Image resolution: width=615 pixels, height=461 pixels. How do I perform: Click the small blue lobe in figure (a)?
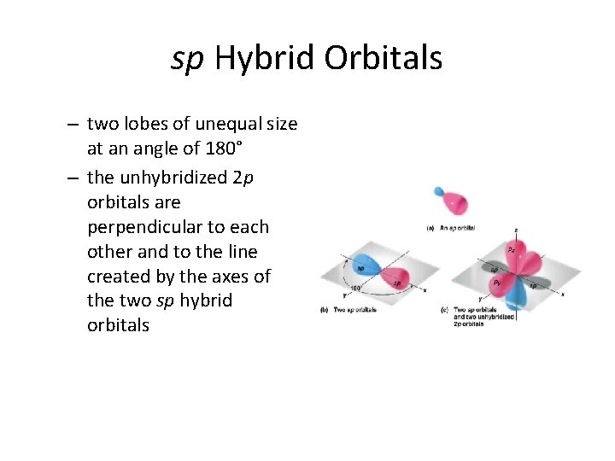439,192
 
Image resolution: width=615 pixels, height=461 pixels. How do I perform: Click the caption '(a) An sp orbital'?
452,228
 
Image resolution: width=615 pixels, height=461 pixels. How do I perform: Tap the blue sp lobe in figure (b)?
364,266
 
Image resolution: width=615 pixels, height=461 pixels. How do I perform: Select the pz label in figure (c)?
511,250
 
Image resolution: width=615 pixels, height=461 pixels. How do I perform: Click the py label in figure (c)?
497,281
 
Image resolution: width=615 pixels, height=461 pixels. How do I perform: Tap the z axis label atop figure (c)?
515,230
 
